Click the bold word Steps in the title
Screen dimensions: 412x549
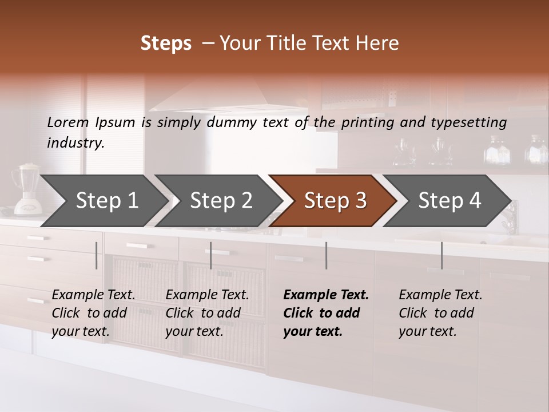pyautogui.click(x=166, y=43)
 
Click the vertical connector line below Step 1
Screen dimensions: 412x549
pyautogui.click(x=97, y=255)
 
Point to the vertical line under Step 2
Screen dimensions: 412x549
pyautogui.click(x=211, y=255)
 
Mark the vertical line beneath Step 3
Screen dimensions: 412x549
pyautogui.click(x=326, y=255)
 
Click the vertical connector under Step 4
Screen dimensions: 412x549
pyautogui.click(x=441, y=255)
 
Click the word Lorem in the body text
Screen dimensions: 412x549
pyautogui.click(x=68, y=122)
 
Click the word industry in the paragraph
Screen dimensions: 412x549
pyautogui.click(x=75, y=142)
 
